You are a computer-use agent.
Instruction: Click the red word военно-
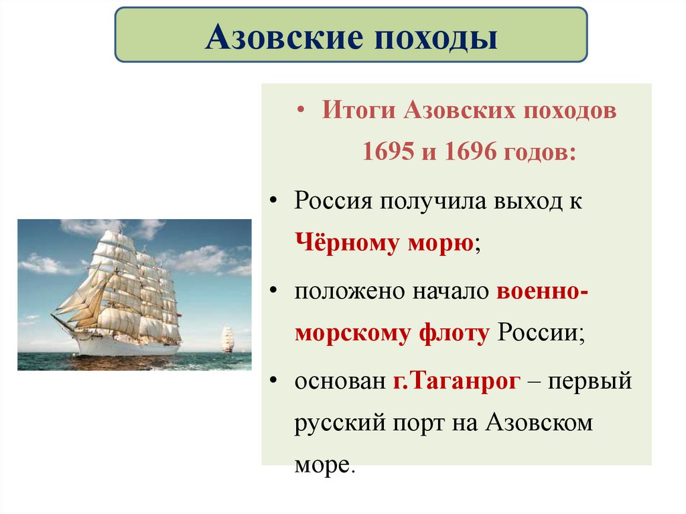pyautogui.click(x=543, y=293)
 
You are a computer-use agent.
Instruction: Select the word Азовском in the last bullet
pyautogui.click(x=539, y=424)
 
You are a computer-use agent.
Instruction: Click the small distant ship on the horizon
pyautogui.click(x=228, y=339)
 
